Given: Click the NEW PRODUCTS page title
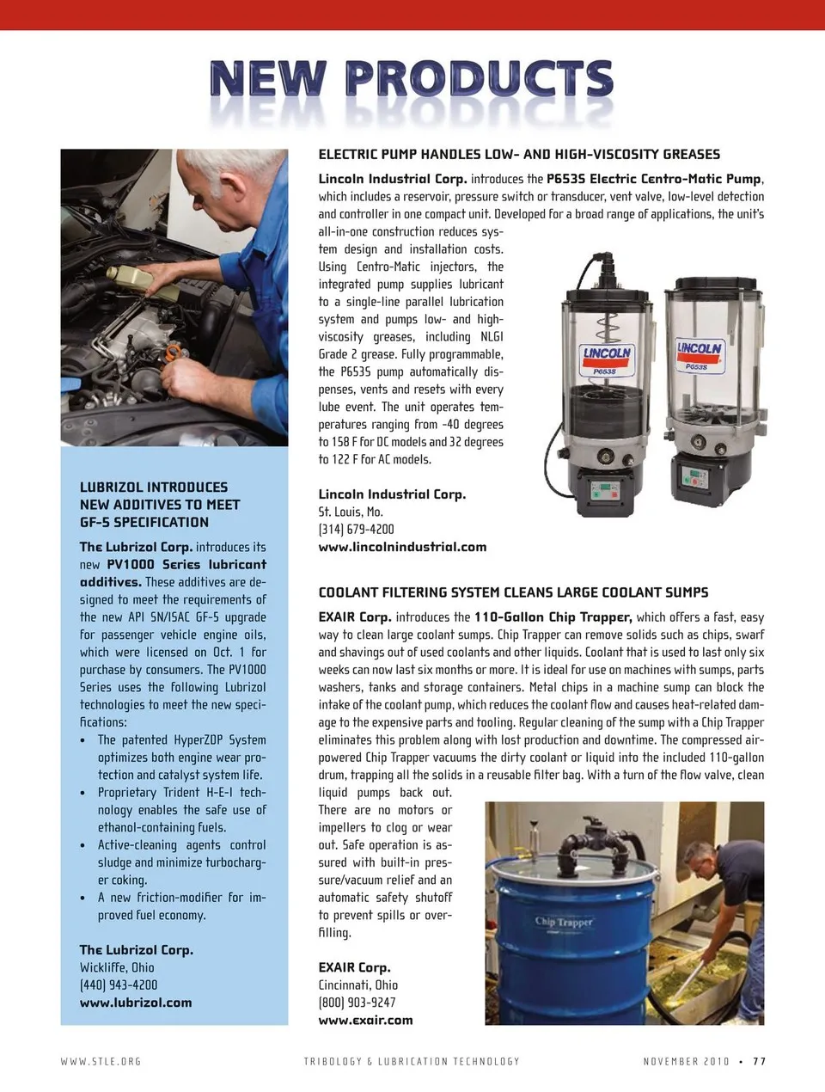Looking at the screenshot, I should (411, 80).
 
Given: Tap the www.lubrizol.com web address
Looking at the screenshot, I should (136, 1003).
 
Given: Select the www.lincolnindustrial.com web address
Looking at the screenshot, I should (402, 547).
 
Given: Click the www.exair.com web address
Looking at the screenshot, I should (365, 1021).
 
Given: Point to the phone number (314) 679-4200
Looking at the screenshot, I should (356, 530).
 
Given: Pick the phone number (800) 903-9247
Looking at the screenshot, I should (357, 1003).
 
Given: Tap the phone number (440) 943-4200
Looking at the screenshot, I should (119, 985).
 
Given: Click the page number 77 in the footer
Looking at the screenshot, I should (759, 1062).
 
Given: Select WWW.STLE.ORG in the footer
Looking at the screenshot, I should (101, 1062).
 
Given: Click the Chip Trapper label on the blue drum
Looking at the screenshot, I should (564, 923).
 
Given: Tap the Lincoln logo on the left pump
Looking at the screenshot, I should (607, 354).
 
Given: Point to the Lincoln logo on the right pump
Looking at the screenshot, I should (700, 349).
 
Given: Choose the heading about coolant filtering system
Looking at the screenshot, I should (513, 592).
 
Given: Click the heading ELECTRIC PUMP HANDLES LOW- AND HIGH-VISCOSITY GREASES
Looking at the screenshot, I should (519, 155).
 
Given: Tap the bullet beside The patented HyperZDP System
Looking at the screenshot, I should (82, 740).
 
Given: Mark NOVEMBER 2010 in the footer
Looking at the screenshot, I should (686, 1062).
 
